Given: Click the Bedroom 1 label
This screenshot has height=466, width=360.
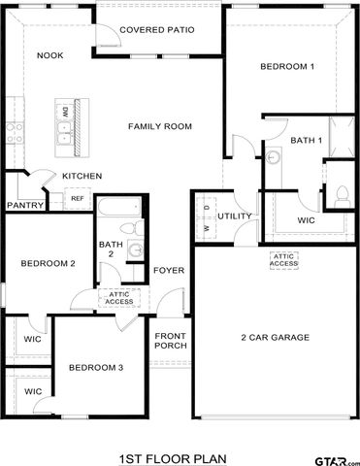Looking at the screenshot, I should coord(286,66).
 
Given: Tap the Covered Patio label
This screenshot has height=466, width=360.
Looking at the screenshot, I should coord(156,30).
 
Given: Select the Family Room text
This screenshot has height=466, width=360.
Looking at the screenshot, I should coord(160,126).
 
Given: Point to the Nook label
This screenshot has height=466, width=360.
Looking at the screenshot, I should coord(50,55).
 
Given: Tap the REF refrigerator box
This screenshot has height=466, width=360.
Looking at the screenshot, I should coord(77,199).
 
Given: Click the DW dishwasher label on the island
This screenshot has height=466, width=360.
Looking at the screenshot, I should coord(66,113).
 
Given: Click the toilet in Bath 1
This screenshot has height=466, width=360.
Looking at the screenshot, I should coord(340,194).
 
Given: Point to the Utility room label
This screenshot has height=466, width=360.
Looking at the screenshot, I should coord(235,216).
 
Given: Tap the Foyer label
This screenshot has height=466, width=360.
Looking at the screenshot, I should coord(169,270).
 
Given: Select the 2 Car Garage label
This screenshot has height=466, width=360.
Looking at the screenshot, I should coord(275,338).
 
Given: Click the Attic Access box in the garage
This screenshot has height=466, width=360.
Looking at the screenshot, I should coord(284,260).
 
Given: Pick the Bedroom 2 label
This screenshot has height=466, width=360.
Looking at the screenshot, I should coord(49,263).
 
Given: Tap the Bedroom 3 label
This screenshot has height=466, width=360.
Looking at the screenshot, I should coord(95,367).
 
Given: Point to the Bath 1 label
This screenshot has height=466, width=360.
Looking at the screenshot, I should coord(307,142).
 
